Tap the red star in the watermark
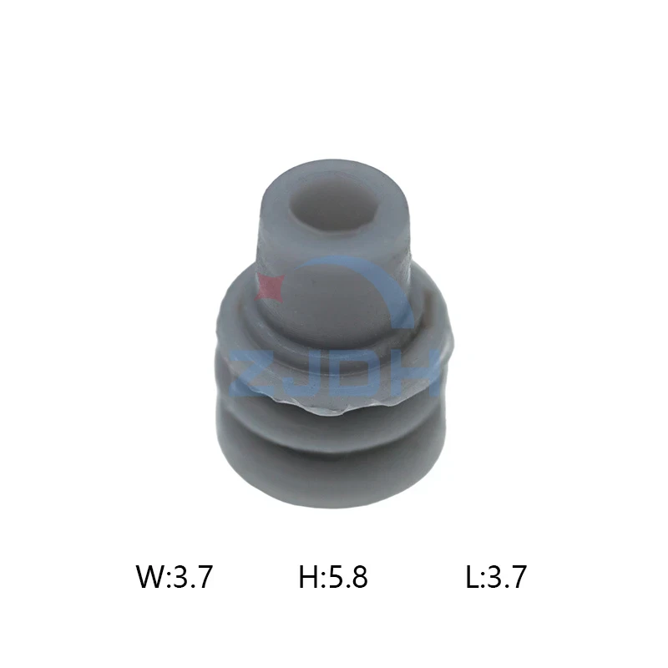269,287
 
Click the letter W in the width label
150,576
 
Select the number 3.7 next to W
192,576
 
